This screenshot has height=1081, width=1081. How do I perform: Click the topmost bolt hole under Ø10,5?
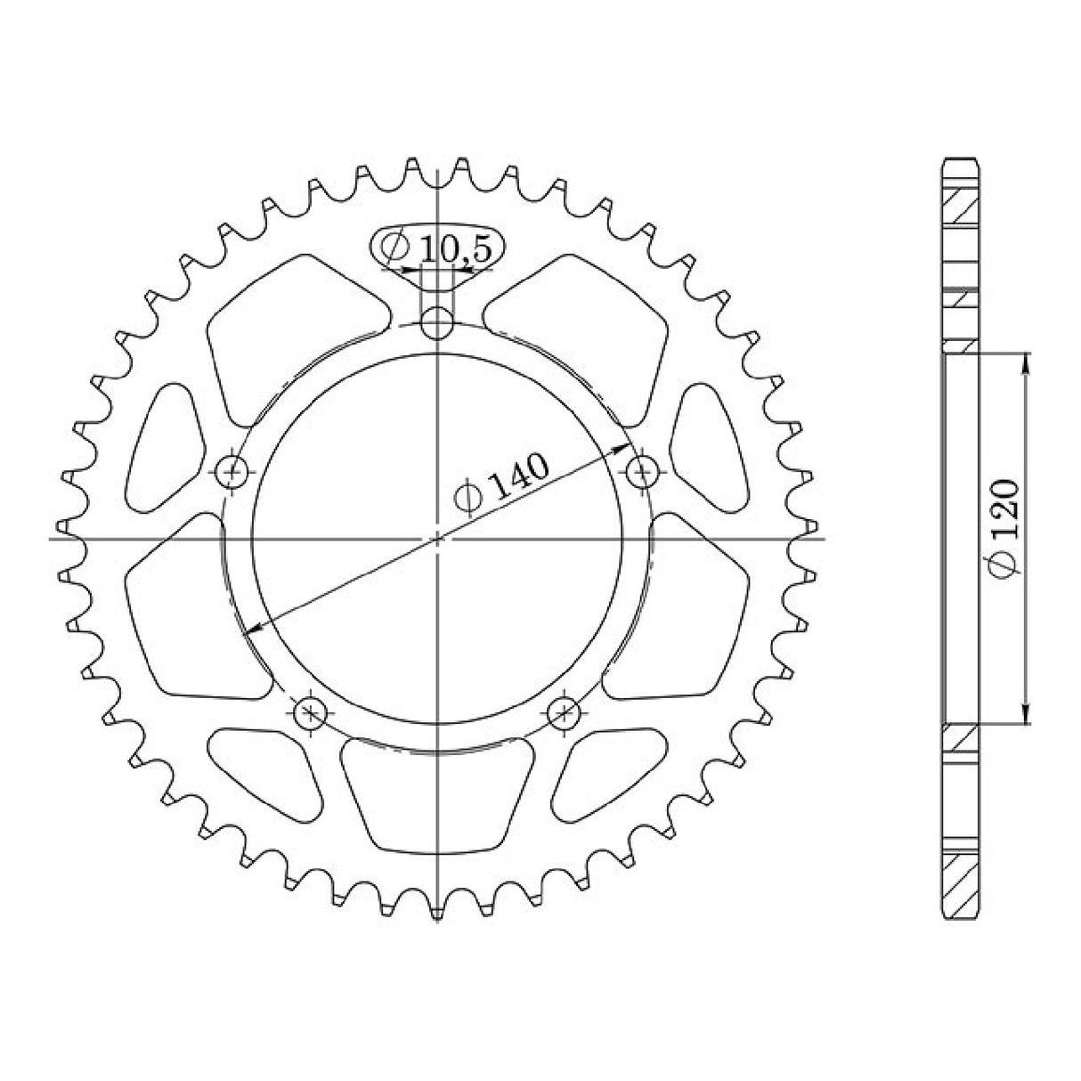[436, 322]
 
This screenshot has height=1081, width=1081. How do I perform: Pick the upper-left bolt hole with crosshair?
[234, 469]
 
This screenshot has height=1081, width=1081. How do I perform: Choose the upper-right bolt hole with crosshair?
[641, 469]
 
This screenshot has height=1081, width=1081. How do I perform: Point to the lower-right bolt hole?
[563, 711]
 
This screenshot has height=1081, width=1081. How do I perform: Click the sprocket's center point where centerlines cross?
[437, 538]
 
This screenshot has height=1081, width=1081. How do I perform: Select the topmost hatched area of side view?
[961, 210]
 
